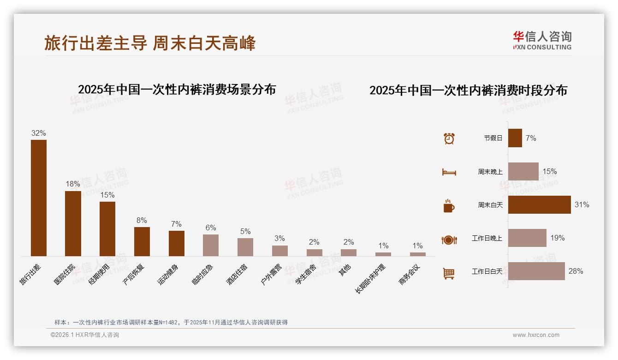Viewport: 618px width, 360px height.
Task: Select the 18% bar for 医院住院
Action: [x=73, y=223]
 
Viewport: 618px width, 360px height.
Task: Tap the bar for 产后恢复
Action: [x=142, y=241]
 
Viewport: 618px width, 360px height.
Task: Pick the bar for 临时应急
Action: [x=211, y=245]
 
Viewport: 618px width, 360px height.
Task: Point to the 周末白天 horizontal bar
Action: [x=539, y=204]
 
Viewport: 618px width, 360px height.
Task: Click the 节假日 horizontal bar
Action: [x=515, y=138]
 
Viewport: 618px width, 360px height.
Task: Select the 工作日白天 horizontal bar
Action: [x=536, y=271]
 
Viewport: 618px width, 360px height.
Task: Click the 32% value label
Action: [x=39, y=133]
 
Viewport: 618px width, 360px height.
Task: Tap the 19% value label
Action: [x=557, y=238]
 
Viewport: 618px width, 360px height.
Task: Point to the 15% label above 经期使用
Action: [x=107, y=195]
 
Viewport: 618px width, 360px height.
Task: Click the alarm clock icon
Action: [x=449, y=138]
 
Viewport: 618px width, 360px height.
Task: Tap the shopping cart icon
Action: [x=449, y=273]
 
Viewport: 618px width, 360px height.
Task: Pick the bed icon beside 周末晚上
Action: [x=449, y=172]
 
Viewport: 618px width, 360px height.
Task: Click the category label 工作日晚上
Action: [x=487, y=238]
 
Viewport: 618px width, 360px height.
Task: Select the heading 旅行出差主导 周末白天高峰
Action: [x=150, y=43]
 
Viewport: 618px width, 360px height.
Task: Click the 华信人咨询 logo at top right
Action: [x=542, y=40]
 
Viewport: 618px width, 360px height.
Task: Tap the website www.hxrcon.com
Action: [x=536, y=335]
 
